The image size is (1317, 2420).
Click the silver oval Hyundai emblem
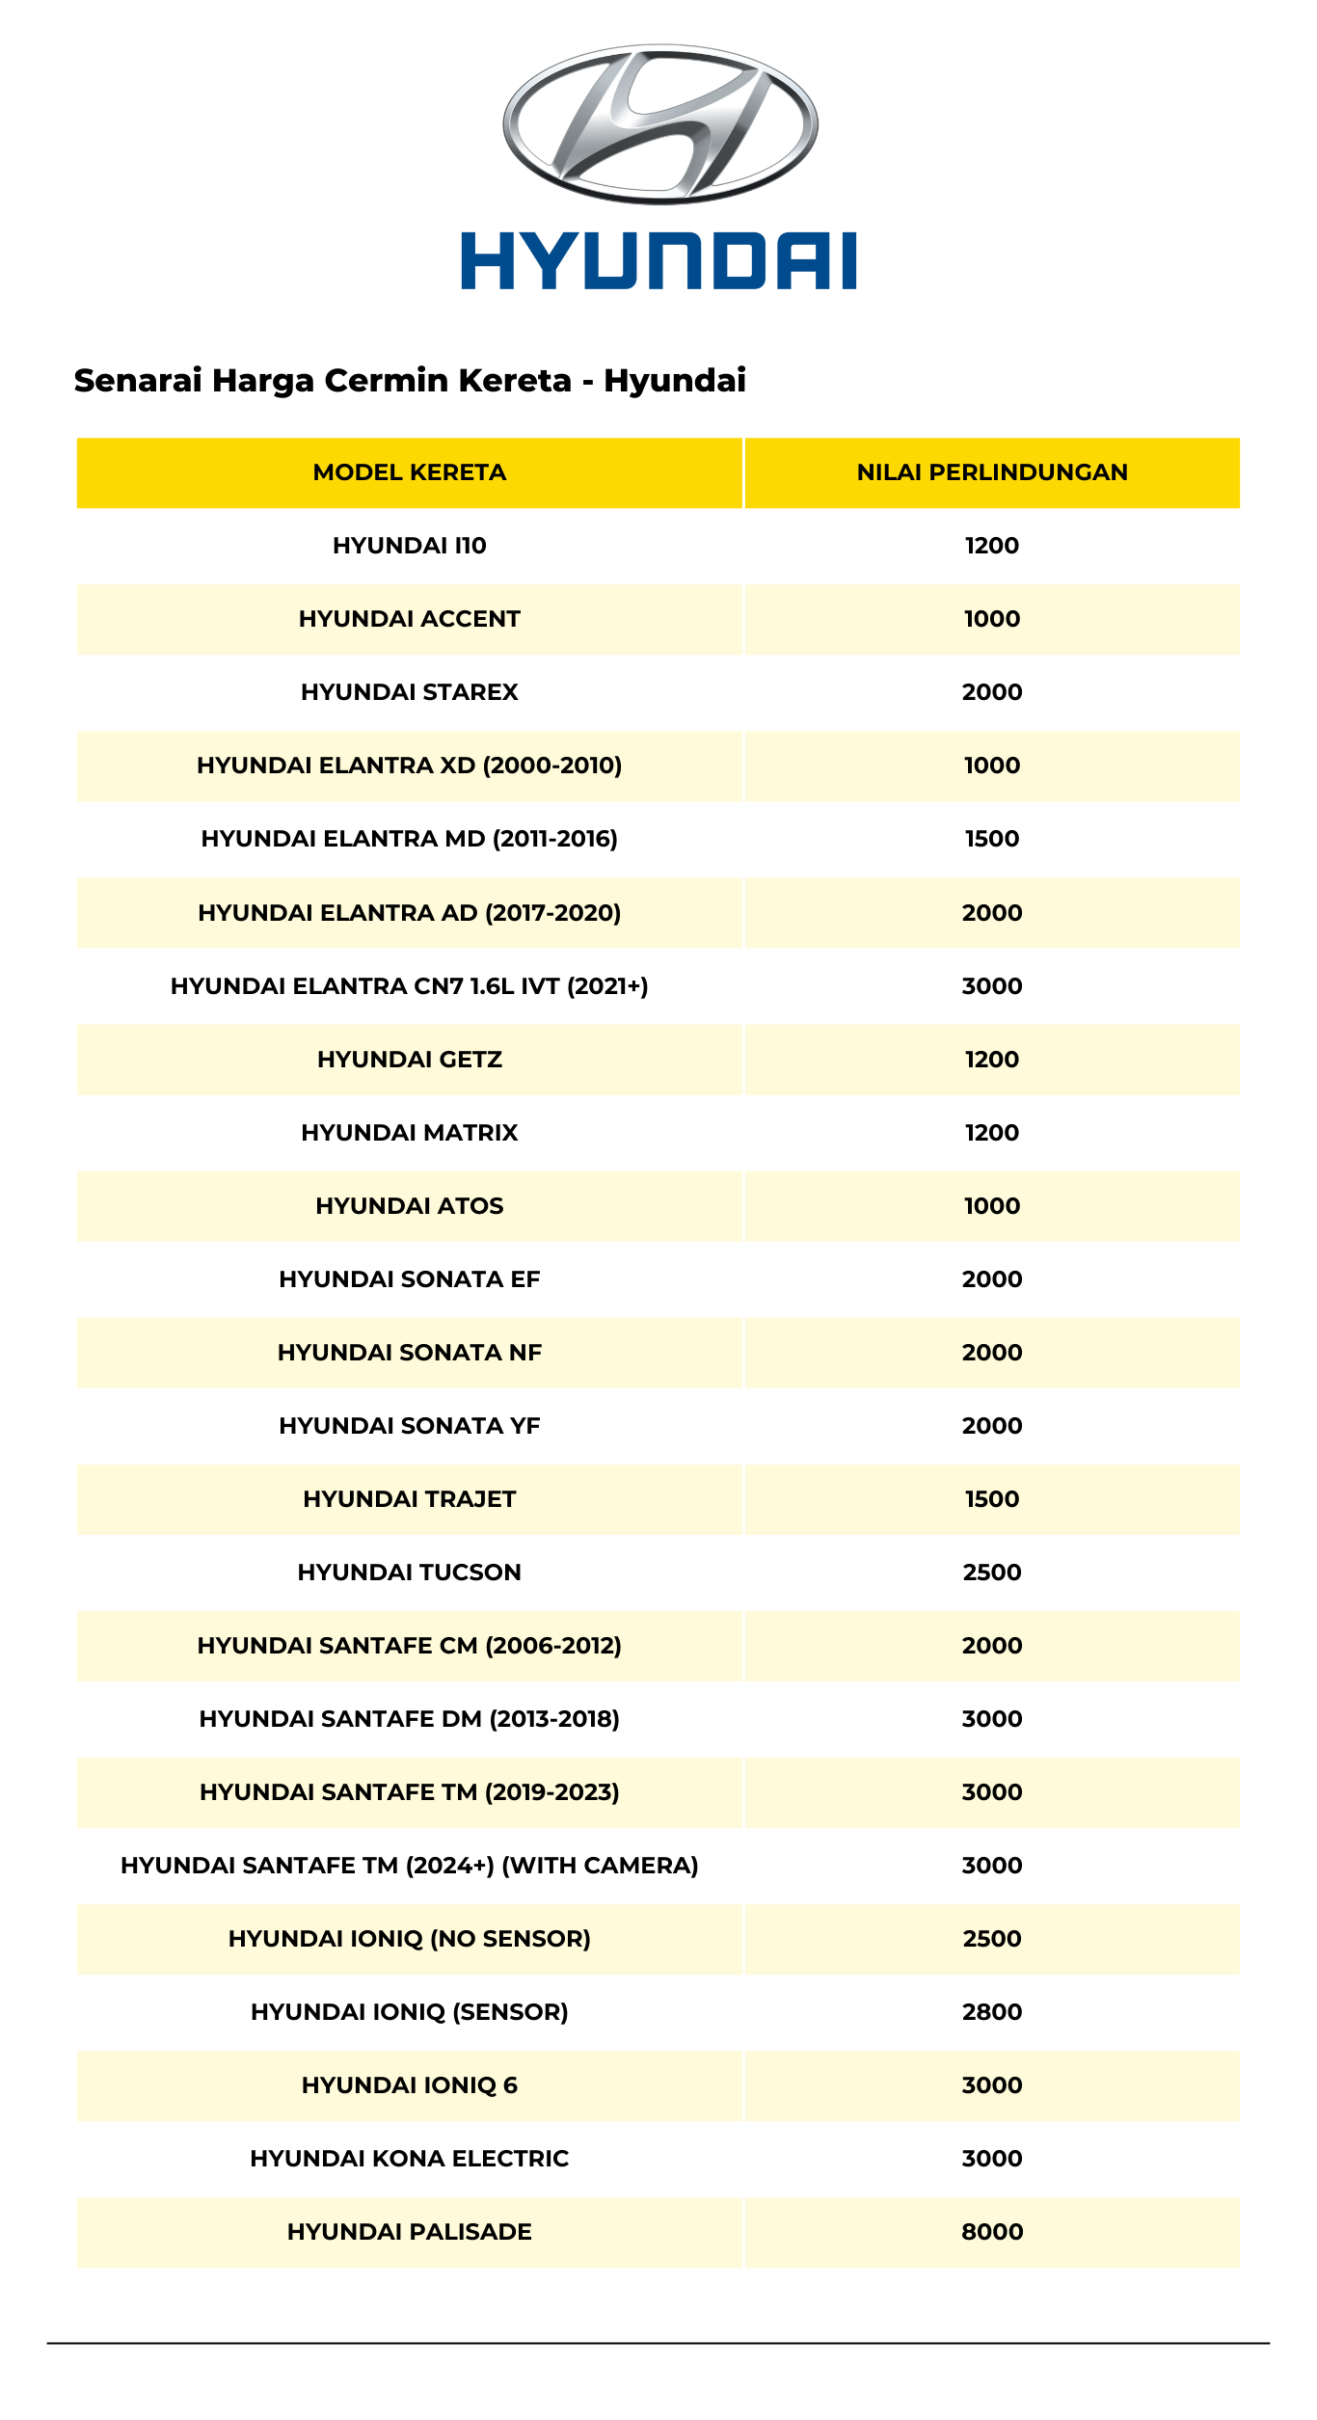pyautogui.click(x=659, y=123)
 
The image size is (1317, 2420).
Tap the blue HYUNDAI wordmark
pyautogui.click(x=658, y=260)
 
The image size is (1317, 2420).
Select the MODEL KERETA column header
pyautogui.click(x=410, y=472)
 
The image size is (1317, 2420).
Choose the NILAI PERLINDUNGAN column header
pyautogui.click(x=992, y=472)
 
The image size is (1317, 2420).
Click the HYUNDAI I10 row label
pyautogui.click(x=410, y=546)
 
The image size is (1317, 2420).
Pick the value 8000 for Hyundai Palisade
pyautogui.click(x=992, y=2232)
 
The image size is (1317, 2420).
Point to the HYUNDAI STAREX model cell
pyautogui.click(x=410, y=692)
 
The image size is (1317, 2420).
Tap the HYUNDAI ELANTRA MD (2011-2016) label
pyautogui.click(x=410, y=839)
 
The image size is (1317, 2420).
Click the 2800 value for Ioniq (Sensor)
pyautogui.click(x=992, y=2012)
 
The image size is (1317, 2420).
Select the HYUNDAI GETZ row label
pyautogui.click(x=410, y=1060)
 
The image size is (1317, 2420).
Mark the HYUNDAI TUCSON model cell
pyautogui.click(x=410, y=1573)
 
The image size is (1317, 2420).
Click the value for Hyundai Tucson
pyautogui.click(x=992, y=1573)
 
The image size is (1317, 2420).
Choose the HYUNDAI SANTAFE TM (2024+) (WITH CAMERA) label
pyautogui.click(x=410, y=1866)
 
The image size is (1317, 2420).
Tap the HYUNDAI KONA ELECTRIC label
pyautogui.click(x=410, y=2159)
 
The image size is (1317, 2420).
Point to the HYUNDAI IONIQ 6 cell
pyautogui.click(x=410, y=2085)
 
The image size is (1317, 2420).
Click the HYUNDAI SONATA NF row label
pyautogui.click(x=410, y=1353)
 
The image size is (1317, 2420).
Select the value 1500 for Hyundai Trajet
pyautogui.click(x=992, y=1499)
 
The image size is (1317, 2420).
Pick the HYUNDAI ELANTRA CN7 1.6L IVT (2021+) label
pyautogui.click(x=410, y=986)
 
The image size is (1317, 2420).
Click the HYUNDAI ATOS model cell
pyautogui.click(x=410, y=1206)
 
